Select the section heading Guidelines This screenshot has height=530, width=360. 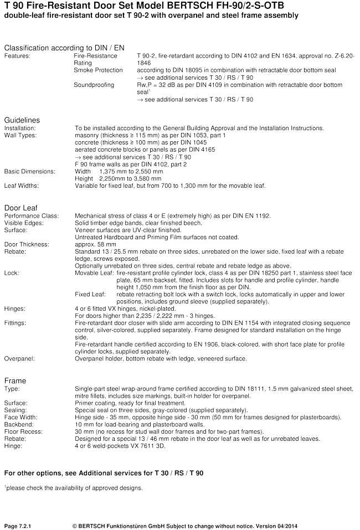coord(22,120)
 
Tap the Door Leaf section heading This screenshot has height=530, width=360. coord(20,207)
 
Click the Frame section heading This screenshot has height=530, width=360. coord(15,380)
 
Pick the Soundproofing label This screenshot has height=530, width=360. coord(94,85)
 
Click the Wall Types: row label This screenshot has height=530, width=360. coord(20,135)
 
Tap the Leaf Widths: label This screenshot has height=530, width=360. coord(22,186)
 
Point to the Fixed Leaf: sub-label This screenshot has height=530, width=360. coord(90,294)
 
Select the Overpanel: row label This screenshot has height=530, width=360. coord(19,358)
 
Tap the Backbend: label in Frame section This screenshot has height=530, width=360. coord(19,424)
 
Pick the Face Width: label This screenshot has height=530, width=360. coord(22,416)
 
